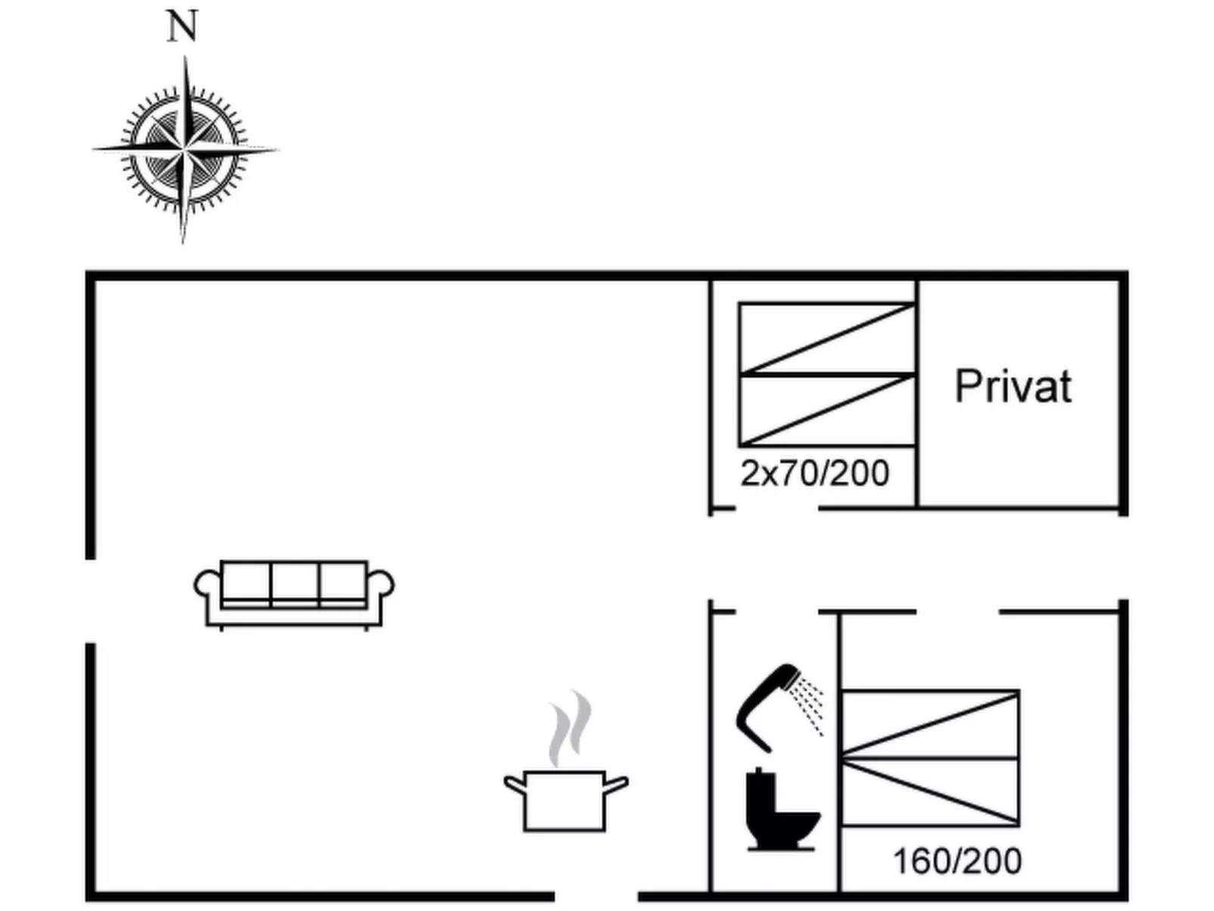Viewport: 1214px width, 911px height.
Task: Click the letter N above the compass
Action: (x=181, y=27)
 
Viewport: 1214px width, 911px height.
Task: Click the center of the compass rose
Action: (x=184, y=150)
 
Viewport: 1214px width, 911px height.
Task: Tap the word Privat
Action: (x=1013, y=386)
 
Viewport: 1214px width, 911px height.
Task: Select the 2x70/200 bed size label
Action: (x=814, y=474)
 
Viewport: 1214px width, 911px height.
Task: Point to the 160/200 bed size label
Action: (x=957, y=861)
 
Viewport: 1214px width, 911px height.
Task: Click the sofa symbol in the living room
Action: (x=294, y=594)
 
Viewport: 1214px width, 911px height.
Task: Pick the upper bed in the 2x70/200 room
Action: (x=827, y=338)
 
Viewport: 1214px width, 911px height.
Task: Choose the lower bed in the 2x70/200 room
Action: (x=827, y=409)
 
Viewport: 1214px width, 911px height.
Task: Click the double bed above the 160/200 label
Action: (x=930, y=758)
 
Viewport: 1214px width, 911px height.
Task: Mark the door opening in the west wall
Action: (x=91, y=601)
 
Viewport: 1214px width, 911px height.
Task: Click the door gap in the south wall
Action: (x=596, y=897)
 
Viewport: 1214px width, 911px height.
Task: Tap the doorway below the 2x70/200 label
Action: (x=776, y=509)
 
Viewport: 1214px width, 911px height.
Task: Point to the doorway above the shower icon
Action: (x=777, y=611)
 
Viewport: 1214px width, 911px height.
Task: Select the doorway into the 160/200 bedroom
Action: (x=958, y=611)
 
